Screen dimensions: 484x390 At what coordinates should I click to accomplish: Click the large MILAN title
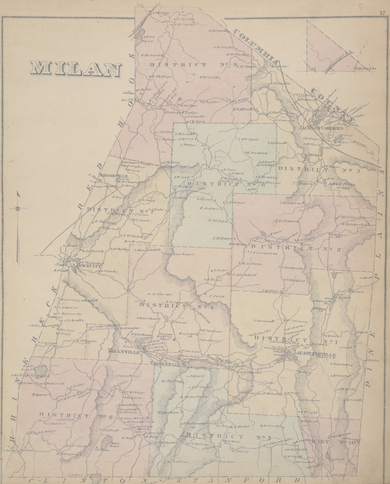coord(75,68)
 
